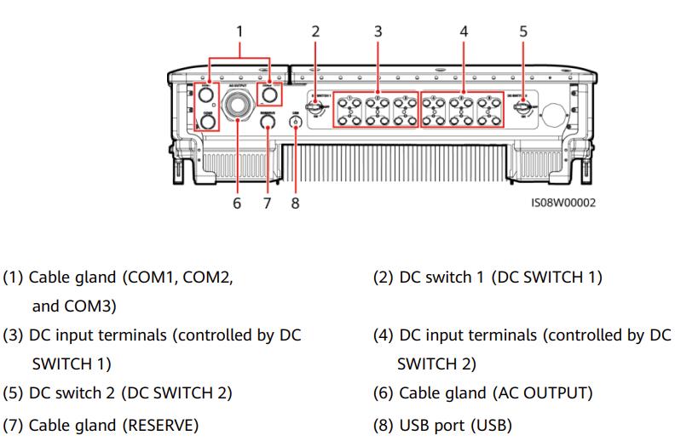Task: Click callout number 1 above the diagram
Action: (239, 31)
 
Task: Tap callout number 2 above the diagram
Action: (315, 31)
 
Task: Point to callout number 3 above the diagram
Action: (378, 31)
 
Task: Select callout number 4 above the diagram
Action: (464, 31)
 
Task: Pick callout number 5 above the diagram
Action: (523, 31)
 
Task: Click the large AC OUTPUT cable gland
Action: (236, 106)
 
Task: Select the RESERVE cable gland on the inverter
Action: (268, 123)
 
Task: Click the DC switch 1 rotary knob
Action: (316, 109)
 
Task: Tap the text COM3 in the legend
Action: (84, 306)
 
